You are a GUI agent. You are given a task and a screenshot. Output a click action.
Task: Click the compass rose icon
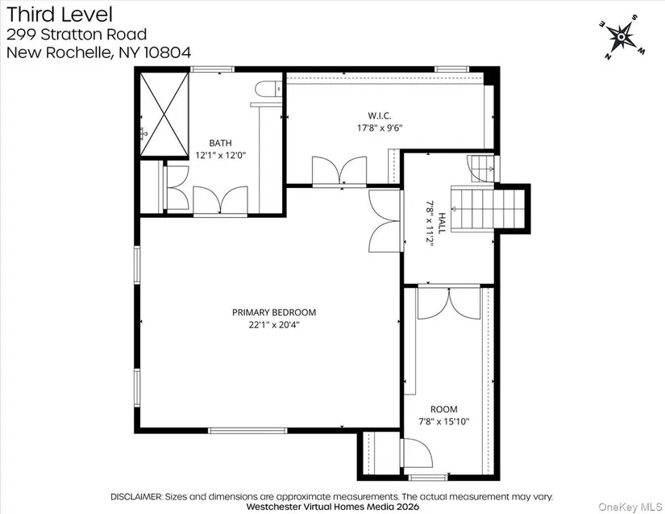click(x=621, y=37)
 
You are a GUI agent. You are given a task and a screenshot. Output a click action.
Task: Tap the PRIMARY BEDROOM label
click(x=274, y=312)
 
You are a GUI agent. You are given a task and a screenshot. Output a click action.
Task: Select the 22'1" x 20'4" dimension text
click(x=274, y=325)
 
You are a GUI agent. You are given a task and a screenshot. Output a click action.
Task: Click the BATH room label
click(x=221, y=143)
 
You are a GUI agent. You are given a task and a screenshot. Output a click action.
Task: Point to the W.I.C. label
click(x=380, y=115)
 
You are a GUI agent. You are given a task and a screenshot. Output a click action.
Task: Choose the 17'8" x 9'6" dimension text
click(x=380, y=127)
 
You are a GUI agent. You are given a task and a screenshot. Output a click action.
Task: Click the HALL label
click(x=442, y=224)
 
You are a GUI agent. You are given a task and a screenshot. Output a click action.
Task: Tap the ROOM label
click(x=444, y=409)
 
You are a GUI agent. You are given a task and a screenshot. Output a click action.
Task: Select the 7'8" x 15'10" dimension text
click(x=444, y=421)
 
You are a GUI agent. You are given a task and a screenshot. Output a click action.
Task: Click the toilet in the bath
click(x=269, y=89)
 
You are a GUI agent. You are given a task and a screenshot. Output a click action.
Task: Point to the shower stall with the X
click(x=164, y=115)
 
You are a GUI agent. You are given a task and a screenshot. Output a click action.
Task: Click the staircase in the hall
click(x=488, y=209)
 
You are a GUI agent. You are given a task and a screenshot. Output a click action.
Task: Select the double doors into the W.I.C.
click(x=339, y=172)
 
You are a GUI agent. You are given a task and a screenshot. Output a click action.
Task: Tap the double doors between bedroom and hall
click(x=385, y=221)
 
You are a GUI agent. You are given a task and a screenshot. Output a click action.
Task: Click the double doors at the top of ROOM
click(x=449, y=303)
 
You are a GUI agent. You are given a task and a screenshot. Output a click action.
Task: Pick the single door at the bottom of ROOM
click(x=418, y=453)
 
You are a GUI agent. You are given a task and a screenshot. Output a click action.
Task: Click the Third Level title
click(x=60, y=15)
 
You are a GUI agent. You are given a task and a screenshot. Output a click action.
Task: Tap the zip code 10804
click(x=168, y=52)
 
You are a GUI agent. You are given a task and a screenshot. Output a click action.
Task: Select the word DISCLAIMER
click(x=136, y=496)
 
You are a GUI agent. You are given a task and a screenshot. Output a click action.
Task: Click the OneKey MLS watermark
click(x=630, y=507)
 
